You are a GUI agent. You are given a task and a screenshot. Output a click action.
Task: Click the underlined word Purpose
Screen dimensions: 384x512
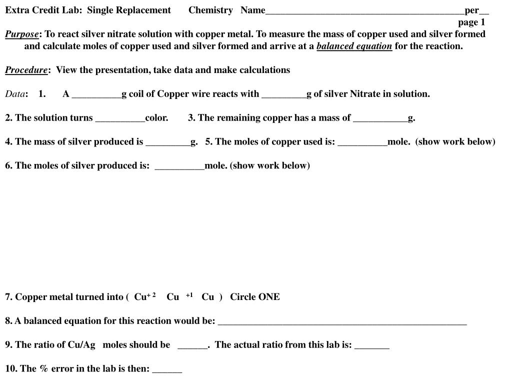click(x=22, y=34)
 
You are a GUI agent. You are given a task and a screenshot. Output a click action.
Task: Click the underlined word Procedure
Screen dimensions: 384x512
click(x=26, y=70)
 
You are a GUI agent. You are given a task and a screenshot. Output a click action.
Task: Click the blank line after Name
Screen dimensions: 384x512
click(x=364, y=11)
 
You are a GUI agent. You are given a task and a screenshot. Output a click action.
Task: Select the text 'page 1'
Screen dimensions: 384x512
click(x=471, y=22)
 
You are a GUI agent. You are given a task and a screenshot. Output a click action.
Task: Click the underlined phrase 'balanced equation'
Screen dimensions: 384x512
click(x=354, y=46)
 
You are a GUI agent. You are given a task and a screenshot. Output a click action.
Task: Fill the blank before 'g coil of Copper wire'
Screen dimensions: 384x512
click(x=96, y=95)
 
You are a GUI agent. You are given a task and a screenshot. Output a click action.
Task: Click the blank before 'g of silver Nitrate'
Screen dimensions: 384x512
click(x=283, y=95)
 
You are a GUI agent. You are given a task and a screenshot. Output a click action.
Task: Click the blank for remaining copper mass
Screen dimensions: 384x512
click(x=380, y=119)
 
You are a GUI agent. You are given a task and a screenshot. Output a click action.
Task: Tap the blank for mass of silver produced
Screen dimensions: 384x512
click(x=167, y=143)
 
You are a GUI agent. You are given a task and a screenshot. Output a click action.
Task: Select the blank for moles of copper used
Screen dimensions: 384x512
click(x=362, y=143)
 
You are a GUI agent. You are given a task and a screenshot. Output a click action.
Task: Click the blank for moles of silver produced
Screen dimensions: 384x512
click(x=179, y=167)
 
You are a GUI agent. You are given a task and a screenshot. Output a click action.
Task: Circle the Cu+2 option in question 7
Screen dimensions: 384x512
click(x=145, y=297)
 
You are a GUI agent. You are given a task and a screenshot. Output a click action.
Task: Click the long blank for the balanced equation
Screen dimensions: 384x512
click(x=342, y=322)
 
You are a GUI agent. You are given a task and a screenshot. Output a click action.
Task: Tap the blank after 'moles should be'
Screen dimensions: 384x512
click(x=192, y=346)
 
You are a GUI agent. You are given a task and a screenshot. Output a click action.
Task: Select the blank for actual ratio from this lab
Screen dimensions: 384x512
click(x=371, y=346)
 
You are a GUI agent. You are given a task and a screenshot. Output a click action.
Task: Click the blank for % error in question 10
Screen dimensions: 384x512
click(x=167, y=370)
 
